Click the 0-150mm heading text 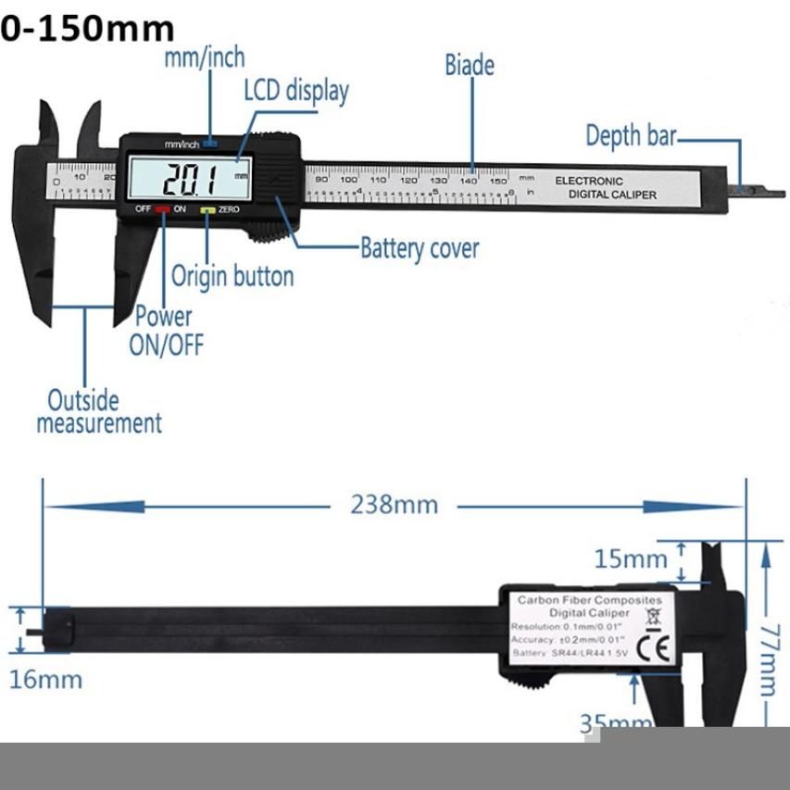click(x=87, y=29)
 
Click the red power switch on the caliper click(x=163, y=209)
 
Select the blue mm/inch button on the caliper click(x=211, y=144)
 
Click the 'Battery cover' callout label click(x=420, y=248)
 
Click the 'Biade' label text click(x=470, y=65)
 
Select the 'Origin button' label click(x=232, y=276)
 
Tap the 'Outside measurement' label click(x=98, y=412)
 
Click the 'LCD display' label click(x=296, y=91)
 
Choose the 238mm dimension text click(x=394, y=505)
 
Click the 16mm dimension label click(x=45, y=679)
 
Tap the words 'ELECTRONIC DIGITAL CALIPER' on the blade click(x=606, y=188)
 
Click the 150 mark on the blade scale click(x=497, y=180)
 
